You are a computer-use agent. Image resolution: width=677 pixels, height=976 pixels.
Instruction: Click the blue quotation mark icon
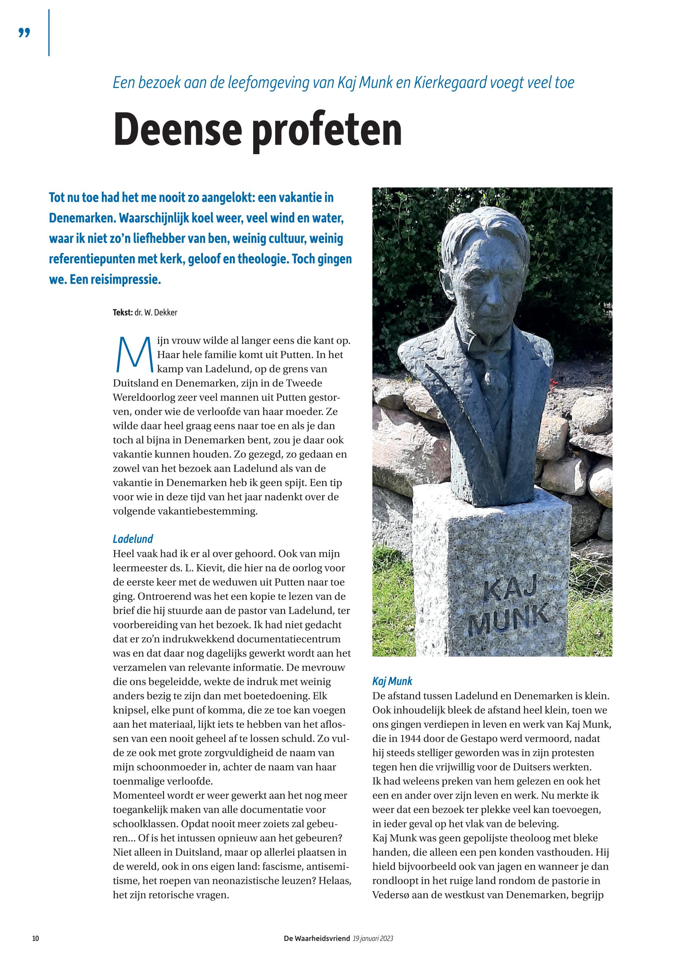[25, 33]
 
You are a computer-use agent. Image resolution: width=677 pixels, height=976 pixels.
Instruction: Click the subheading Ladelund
[132, 539]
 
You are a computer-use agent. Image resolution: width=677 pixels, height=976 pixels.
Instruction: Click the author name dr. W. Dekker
[156, 313]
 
